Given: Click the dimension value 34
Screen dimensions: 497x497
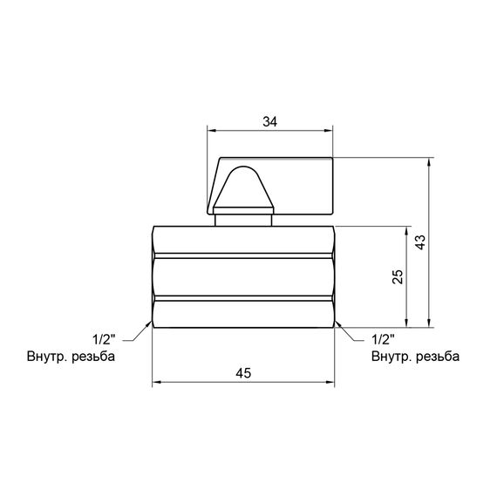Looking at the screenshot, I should click(x=269, y=123).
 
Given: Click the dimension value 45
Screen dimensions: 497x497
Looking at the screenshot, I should click(x=243, y=372).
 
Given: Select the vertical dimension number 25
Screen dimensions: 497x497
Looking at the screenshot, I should click(x=397, y=276).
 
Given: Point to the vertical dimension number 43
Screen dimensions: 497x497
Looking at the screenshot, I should click(x=420, y=242).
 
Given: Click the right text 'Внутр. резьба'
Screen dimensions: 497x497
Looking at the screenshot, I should click(x=415, y=356).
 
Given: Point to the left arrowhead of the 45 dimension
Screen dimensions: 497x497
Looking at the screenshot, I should click(x=158, y=383).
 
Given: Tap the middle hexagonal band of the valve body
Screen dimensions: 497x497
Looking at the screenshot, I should click(x=243, y=276).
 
